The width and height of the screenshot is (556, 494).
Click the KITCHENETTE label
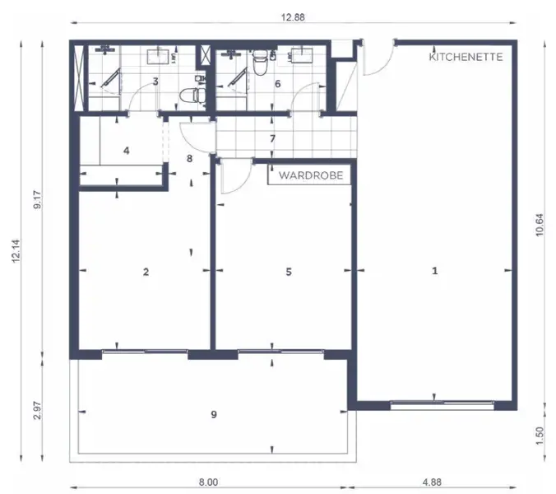(x=466, y=57)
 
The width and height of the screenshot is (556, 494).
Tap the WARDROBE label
(x=311, y=175)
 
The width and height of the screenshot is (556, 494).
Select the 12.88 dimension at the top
(x=293, y=17)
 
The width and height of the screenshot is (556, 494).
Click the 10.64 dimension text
(x=540, y=225)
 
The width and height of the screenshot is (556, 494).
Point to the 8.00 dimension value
(x=208, y=482)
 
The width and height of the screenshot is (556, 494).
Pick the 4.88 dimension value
(x=432, y=482)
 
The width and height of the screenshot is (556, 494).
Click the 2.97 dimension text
(x=37, y=410)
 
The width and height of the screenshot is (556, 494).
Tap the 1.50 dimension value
(x=540, y=435)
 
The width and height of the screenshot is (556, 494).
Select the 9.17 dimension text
(x=37, y=200)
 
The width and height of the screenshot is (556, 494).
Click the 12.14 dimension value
(x=16, y=251)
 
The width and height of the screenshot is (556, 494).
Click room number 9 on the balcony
(x=214, y=414)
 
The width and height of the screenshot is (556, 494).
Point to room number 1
(x=435, y=271)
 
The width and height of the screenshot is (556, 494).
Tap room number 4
(x=127, y=151)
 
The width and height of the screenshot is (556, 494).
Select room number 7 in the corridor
(x=272, y=138)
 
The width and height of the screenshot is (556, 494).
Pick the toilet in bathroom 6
(x=260, y=62)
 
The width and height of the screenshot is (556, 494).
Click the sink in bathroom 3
(x=158, y=57)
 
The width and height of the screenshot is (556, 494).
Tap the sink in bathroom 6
(x=302, y=55)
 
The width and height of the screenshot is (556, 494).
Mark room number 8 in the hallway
(x=190, y=159)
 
